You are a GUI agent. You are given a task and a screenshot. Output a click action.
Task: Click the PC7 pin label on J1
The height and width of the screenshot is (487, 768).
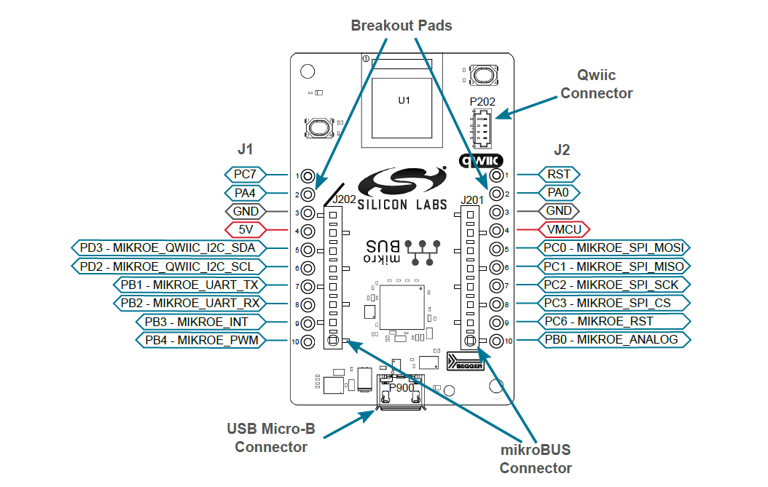click(245, 175)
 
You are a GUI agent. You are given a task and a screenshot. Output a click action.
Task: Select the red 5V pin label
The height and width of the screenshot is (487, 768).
click(245, 230)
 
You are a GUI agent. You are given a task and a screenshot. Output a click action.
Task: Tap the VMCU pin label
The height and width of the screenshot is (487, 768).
click(564, 230)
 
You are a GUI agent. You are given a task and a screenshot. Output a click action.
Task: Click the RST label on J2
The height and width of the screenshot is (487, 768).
click(560, 175)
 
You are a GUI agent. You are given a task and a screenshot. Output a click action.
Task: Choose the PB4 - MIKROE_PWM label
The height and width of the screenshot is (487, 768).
click(201, 340)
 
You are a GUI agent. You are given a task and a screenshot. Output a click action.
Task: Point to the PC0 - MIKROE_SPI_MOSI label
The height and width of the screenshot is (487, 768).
click(613, 248)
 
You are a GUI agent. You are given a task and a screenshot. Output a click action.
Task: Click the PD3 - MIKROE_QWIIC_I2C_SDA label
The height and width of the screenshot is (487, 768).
click(170, 248)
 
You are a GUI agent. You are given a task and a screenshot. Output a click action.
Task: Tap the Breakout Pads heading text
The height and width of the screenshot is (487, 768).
click(401, 25)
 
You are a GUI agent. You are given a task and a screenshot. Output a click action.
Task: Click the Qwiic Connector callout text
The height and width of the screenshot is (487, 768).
click(596, 84)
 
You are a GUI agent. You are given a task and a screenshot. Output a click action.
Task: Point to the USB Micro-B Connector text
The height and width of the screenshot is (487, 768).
click(271, 437)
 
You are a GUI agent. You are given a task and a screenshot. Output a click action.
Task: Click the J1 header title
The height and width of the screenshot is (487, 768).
click(246, 150)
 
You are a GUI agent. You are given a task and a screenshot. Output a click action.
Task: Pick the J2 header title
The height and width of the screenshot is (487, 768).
click(561, 150)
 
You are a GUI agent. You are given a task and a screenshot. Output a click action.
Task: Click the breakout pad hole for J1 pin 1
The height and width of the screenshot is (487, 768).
click(308, 176)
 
